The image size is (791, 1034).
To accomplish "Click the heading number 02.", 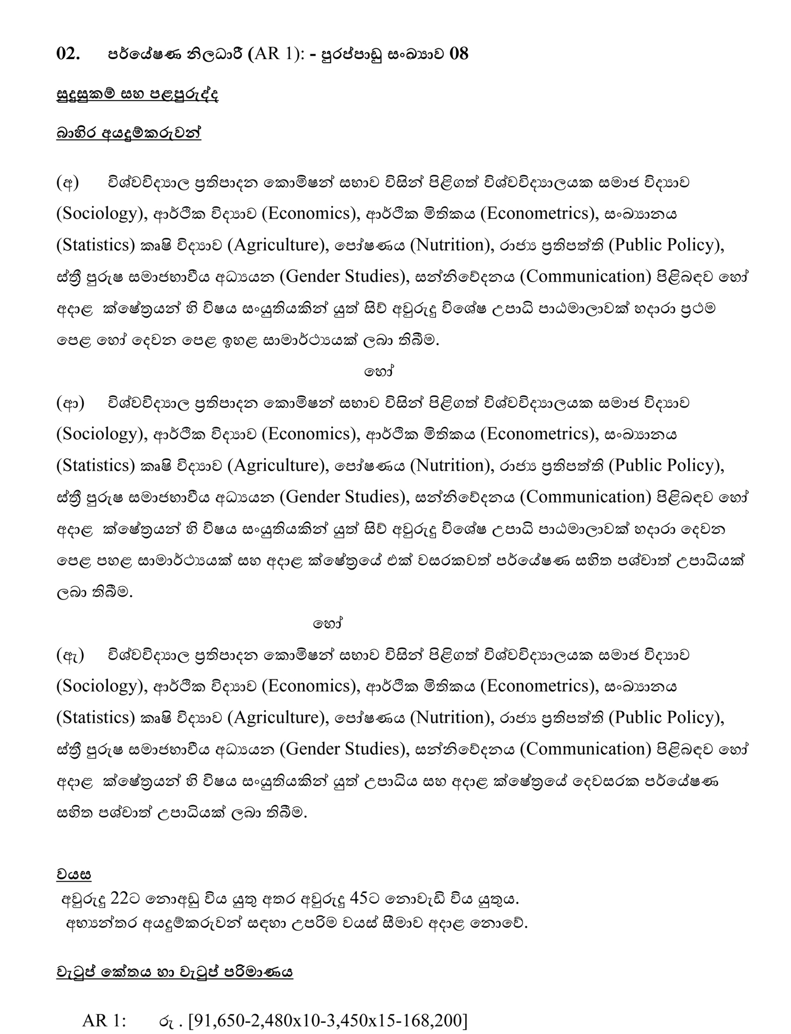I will pyautogui.click(x=68, y=54).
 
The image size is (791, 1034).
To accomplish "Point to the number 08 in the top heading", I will pyautogui.click(x=458, y=54).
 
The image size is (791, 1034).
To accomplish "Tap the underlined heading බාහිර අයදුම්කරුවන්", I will pyautogui.click(x=129, y=133).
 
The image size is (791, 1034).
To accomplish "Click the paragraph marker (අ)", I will pyautogui.click(x=67, y=183).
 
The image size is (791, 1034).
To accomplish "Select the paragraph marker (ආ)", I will pyautogui.click(x=70, y=403).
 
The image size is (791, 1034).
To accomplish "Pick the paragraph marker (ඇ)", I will pyautogui.click(x=70, y=655).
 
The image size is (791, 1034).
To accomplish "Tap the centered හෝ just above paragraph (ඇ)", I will pyautogui.click(x=328, y=624).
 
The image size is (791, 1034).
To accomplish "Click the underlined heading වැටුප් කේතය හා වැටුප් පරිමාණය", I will pyautogui.click(x=175, y=972).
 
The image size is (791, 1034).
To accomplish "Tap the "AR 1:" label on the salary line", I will pyautogui.click(x=104, y=1021).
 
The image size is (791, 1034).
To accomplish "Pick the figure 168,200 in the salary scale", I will pyautogui.click(x=437, y=1021).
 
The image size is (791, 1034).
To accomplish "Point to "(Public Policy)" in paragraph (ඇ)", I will pyautogui.click(x=666, y=718).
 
